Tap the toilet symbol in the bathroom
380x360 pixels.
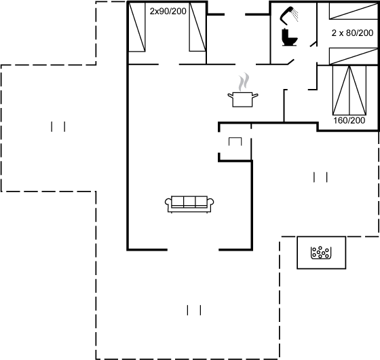289,37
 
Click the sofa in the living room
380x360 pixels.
189,204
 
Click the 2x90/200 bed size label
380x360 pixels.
168,11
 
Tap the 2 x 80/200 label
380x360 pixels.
352,33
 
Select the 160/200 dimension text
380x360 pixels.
349,120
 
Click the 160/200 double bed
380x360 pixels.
349,90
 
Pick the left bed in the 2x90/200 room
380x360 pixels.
136,27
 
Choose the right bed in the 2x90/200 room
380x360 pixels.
197,27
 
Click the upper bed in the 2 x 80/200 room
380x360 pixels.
354,11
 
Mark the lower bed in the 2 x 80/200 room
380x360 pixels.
354,56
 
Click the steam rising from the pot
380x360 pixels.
244,82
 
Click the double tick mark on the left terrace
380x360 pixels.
58,126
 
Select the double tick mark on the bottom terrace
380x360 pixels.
194,310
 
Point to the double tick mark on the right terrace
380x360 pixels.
320,177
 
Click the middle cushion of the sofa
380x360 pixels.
189,201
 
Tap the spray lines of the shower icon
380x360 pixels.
295,15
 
